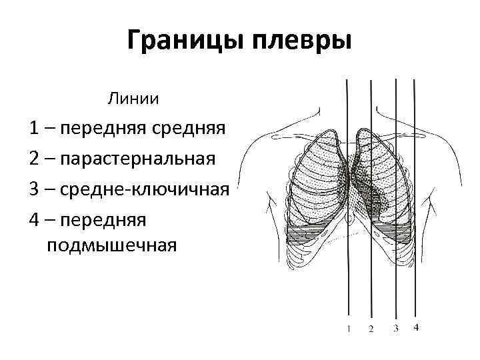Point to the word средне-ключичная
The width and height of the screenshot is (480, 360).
(x=145, y=189)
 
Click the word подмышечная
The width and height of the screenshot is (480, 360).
(x=112, y=246)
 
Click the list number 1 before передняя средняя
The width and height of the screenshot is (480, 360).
(x=33, y=128)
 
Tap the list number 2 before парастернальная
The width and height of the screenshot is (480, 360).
(x=33, y=159)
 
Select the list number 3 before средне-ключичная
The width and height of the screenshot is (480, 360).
(x=33, y=189)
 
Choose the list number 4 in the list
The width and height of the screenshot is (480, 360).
(x=33, y=219)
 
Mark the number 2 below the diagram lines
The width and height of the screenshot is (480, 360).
(x=371, y=329)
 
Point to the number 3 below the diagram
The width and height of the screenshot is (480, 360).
(x=395, y=328)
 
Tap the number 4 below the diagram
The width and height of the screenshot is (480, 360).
(x=416, y=327)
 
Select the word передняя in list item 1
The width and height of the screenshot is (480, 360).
(x=97, y=128)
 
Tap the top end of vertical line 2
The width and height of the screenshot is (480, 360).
(x=371, y=80)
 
